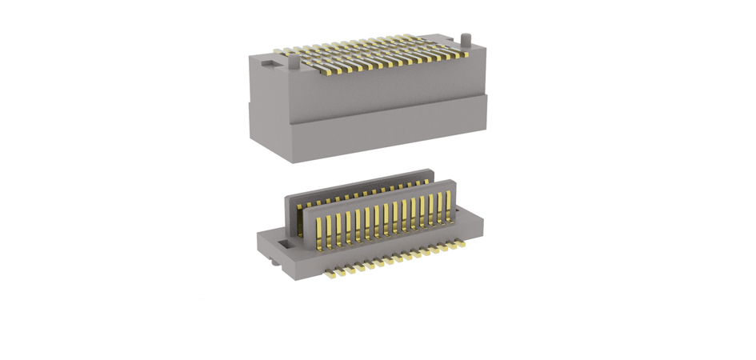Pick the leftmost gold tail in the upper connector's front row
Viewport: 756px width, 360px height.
click(x=322, y=71)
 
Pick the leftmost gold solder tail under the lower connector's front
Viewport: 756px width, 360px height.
click(x=329, y=274)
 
